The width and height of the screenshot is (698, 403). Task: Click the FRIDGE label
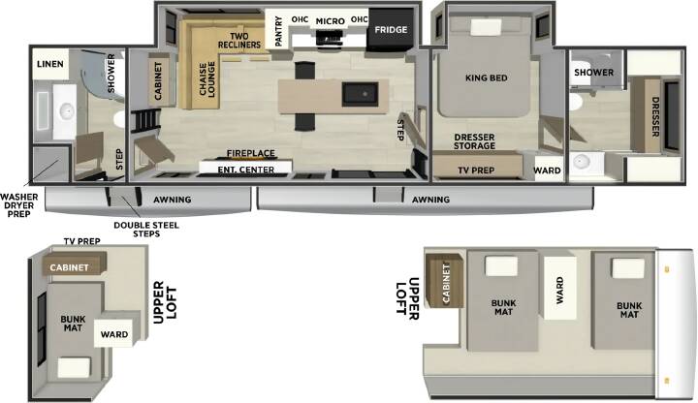391,30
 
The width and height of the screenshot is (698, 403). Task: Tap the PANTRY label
278,31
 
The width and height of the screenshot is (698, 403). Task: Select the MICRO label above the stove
331,21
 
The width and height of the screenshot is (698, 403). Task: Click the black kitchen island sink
360,94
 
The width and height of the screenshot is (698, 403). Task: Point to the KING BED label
486,77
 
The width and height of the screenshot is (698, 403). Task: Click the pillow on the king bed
486,27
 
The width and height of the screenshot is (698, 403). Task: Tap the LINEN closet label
49,64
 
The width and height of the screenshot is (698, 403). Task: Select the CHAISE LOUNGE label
207,79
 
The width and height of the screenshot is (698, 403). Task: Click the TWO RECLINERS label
239,41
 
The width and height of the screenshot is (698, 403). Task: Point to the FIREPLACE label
251,153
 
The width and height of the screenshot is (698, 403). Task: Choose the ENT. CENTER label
245,170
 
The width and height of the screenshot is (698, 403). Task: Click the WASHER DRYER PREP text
18,205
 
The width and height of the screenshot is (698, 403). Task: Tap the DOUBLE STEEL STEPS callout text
146,229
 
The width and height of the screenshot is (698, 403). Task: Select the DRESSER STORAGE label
474,141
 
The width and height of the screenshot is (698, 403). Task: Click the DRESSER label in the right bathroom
654,117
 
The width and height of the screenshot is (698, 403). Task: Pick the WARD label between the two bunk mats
560,290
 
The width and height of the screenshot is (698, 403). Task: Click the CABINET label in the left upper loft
69,267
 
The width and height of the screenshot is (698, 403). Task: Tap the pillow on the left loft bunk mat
74,367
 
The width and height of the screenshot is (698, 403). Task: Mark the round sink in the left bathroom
67,111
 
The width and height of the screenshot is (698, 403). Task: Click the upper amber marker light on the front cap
666,269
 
